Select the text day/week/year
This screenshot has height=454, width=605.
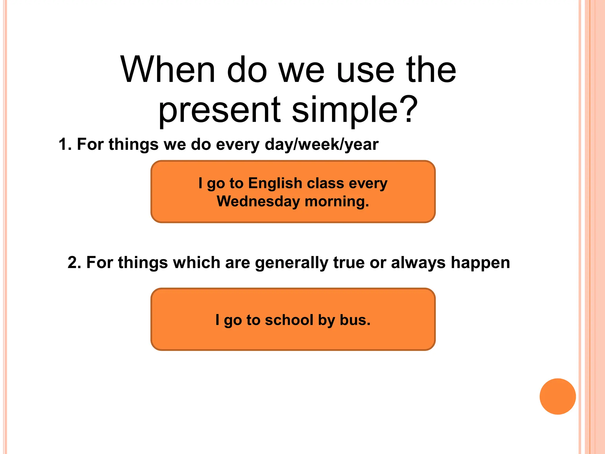[x=321, y=145]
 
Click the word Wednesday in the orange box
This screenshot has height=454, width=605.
[x=258, y=202]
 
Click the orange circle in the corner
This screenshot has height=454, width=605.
[x=557, y=396]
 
